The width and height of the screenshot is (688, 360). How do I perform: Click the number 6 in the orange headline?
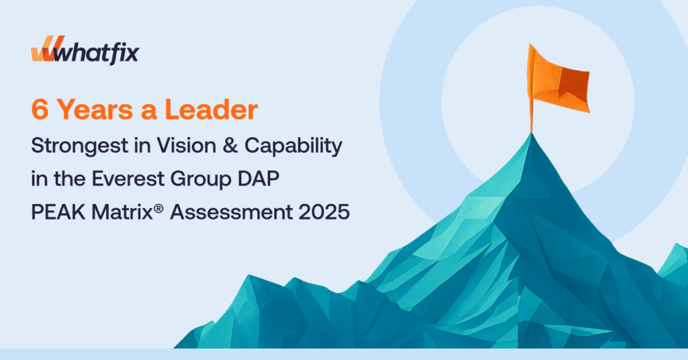pos(40,109)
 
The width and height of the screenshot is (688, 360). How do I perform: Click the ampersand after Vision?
pos(230,146)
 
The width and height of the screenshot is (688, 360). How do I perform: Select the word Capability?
pos(293,146)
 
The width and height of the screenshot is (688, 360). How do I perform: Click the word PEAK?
pos(58,212)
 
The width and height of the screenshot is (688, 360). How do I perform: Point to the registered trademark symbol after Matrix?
pos(159,208)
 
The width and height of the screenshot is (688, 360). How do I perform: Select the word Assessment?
pos(231,212)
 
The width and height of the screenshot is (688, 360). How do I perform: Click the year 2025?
pos(325,212)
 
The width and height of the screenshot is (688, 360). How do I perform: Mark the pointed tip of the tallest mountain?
pos(532,133)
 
